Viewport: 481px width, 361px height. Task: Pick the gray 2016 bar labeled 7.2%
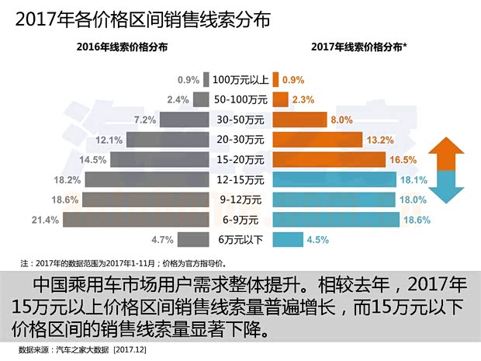185,120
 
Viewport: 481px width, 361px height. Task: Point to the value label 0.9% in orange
293,79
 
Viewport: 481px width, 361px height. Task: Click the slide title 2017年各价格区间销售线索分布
143,19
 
